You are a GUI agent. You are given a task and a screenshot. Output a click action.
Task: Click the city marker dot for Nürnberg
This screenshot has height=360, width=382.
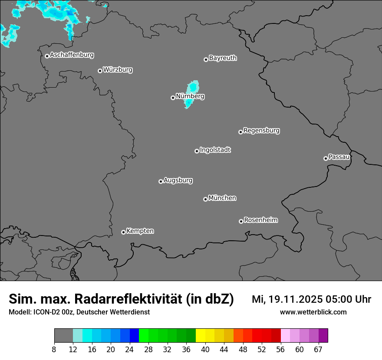173,98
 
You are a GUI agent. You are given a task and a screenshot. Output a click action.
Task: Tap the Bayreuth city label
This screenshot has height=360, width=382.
223,58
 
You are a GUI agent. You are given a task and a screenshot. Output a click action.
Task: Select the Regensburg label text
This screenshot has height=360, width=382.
261,131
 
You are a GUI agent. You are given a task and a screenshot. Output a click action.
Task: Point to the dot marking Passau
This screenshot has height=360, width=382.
326,158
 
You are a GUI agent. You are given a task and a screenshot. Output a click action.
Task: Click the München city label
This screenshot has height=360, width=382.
222,198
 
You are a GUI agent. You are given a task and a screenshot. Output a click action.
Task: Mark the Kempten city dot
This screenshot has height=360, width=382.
123,232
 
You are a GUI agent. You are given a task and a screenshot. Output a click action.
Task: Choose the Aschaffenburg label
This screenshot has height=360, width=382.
72,55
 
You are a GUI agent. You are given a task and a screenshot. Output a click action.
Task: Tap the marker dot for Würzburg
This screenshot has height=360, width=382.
100,71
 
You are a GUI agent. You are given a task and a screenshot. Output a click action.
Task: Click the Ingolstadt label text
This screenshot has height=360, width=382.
215,150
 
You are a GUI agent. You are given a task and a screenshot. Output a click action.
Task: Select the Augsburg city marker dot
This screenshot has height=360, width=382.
161,181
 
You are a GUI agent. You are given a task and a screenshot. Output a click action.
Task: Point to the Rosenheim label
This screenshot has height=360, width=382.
260,220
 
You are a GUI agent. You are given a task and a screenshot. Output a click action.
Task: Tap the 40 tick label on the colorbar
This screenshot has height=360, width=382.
205,349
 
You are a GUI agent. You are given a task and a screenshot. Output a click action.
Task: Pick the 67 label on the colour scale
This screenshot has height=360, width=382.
318,349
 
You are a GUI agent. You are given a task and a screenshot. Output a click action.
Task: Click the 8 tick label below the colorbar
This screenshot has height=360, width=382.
54,349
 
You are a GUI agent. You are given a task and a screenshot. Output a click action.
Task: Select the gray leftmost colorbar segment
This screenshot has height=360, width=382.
63,336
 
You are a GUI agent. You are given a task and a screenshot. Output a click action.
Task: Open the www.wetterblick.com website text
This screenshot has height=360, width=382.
313,312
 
